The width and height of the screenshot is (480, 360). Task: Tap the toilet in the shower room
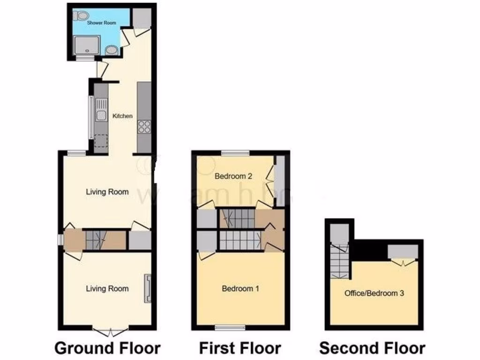82,15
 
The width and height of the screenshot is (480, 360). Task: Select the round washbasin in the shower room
111,50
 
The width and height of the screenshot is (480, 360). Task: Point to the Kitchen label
122,116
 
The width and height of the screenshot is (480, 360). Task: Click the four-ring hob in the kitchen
144,127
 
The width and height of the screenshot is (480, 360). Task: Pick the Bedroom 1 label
240,289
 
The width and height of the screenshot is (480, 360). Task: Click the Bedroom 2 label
233,176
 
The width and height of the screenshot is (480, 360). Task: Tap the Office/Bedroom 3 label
374,293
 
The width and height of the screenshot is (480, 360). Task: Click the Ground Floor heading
107,348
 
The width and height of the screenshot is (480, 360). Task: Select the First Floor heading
240,348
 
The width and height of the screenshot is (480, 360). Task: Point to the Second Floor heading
372,348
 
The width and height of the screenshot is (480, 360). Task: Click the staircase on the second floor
339,261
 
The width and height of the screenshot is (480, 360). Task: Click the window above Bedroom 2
235,152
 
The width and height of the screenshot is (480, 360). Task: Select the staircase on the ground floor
97,240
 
